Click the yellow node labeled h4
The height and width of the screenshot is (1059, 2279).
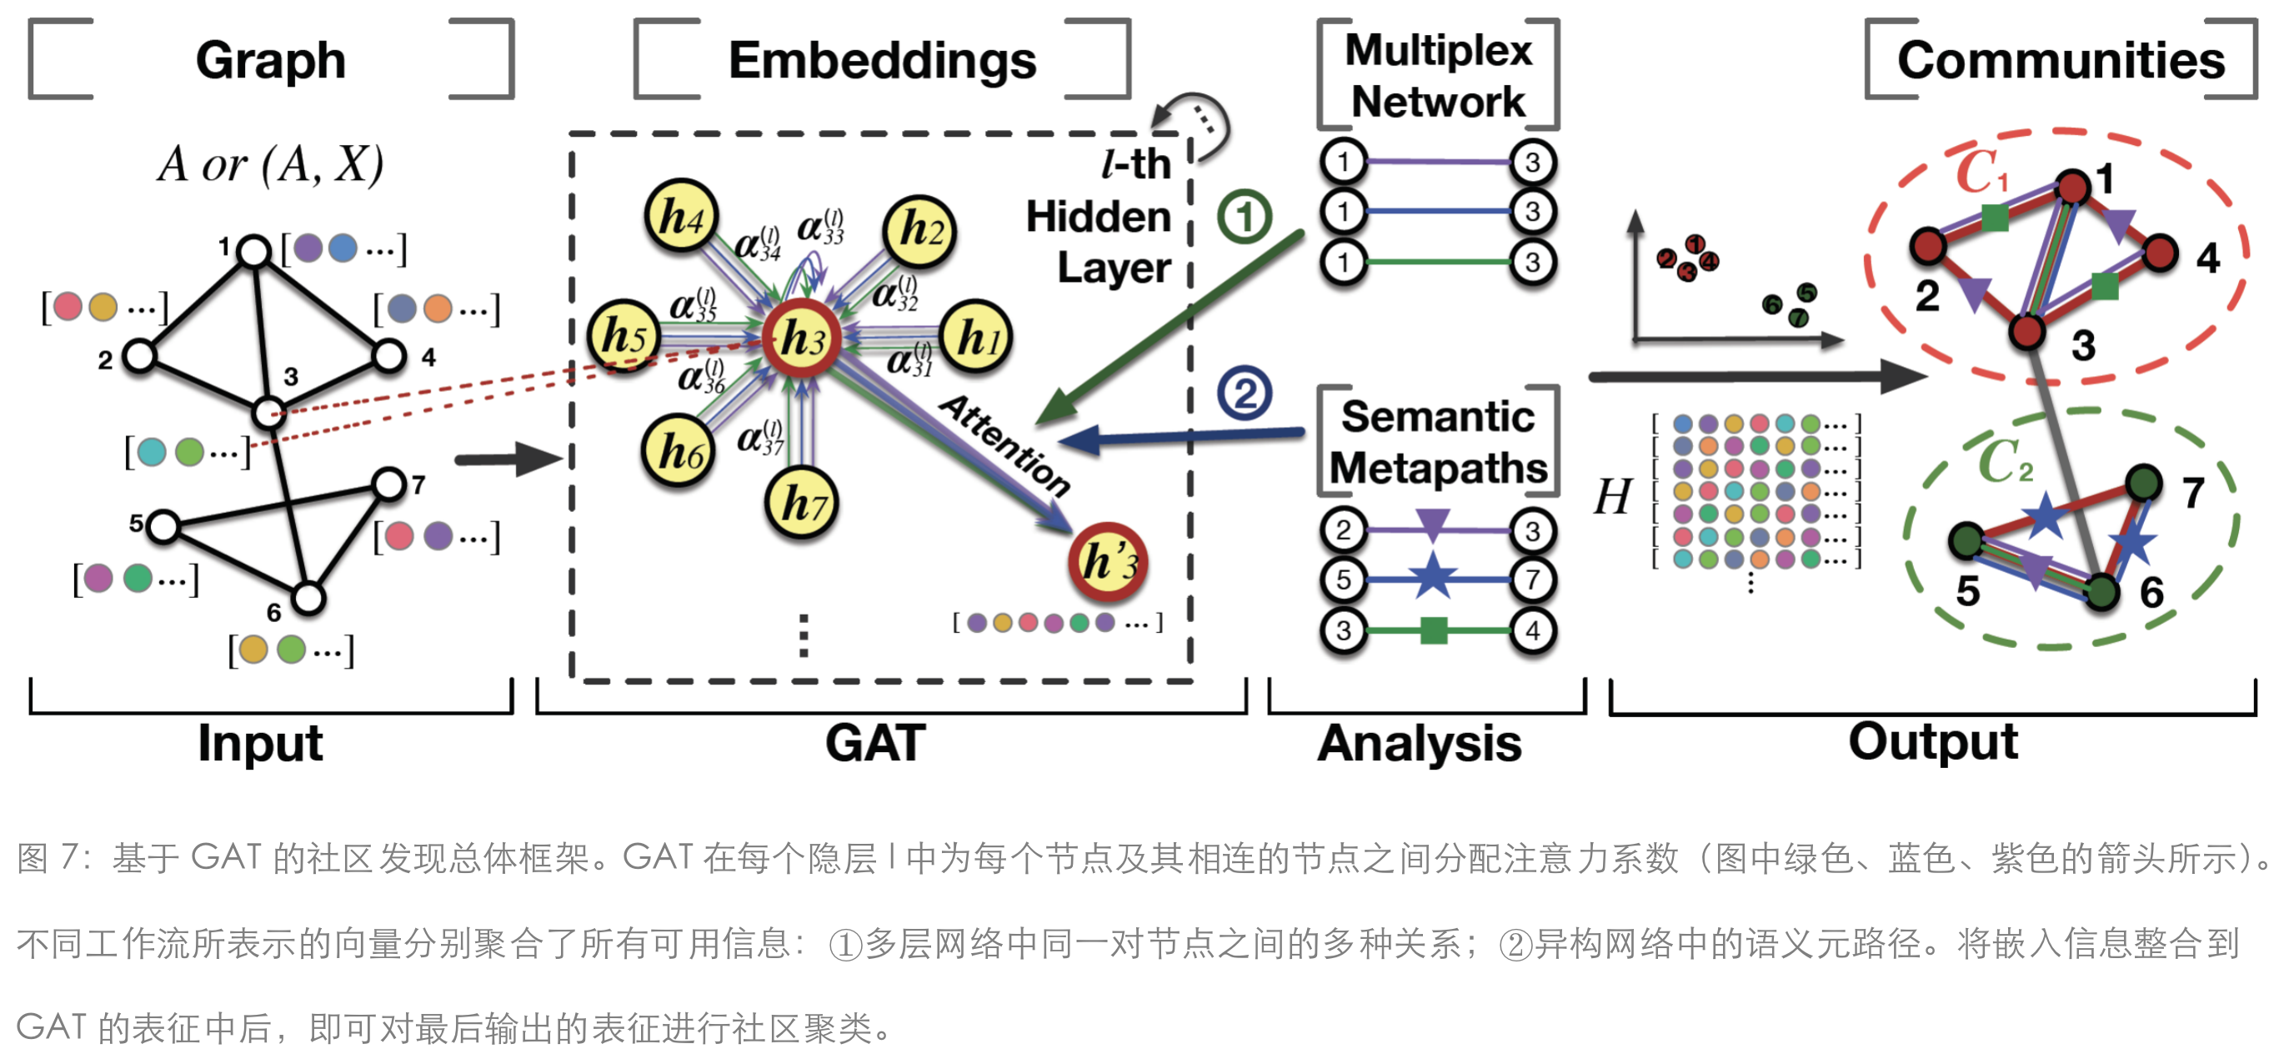click(x=680, y=216)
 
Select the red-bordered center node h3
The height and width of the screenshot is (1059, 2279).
click(x=802, y=339)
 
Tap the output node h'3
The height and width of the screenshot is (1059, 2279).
click(x=1108, y=562)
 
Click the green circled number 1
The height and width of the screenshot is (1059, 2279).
click(x=1244, y=217)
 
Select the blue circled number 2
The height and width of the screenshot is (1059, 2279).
click(x=1244, y=394)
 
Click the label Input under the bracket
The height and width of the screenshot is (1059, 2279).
click(x=260, y=742)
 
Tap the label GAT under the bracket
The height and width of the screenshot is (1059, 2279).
click(x=875, y=742)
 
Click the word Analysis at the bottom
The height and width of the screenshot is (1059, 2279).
click(x=1419, y=742)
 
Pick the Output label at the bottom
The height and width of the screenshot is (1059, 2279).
click(x=1932, y=741)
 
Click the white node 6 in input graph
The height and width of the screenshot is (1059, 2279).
click(x=308, y=599)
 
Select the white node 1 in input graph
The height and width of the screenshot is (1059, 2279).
click(x=255, y=251)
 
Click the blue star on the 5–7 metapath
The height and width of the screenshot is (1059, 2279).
click(x=1432, y=577)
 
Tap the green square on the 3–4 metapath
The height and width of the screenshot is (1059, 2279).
click(x=1433, y=630)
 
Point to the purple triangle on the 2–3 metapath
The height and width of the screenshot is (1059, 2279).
click(x=1432, y=523)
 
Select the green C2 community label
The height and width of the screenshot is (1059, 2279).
click(x=2004, y=461)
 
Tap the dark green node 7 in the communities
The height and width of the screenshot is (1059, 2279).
click(x=2143, y=483)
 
